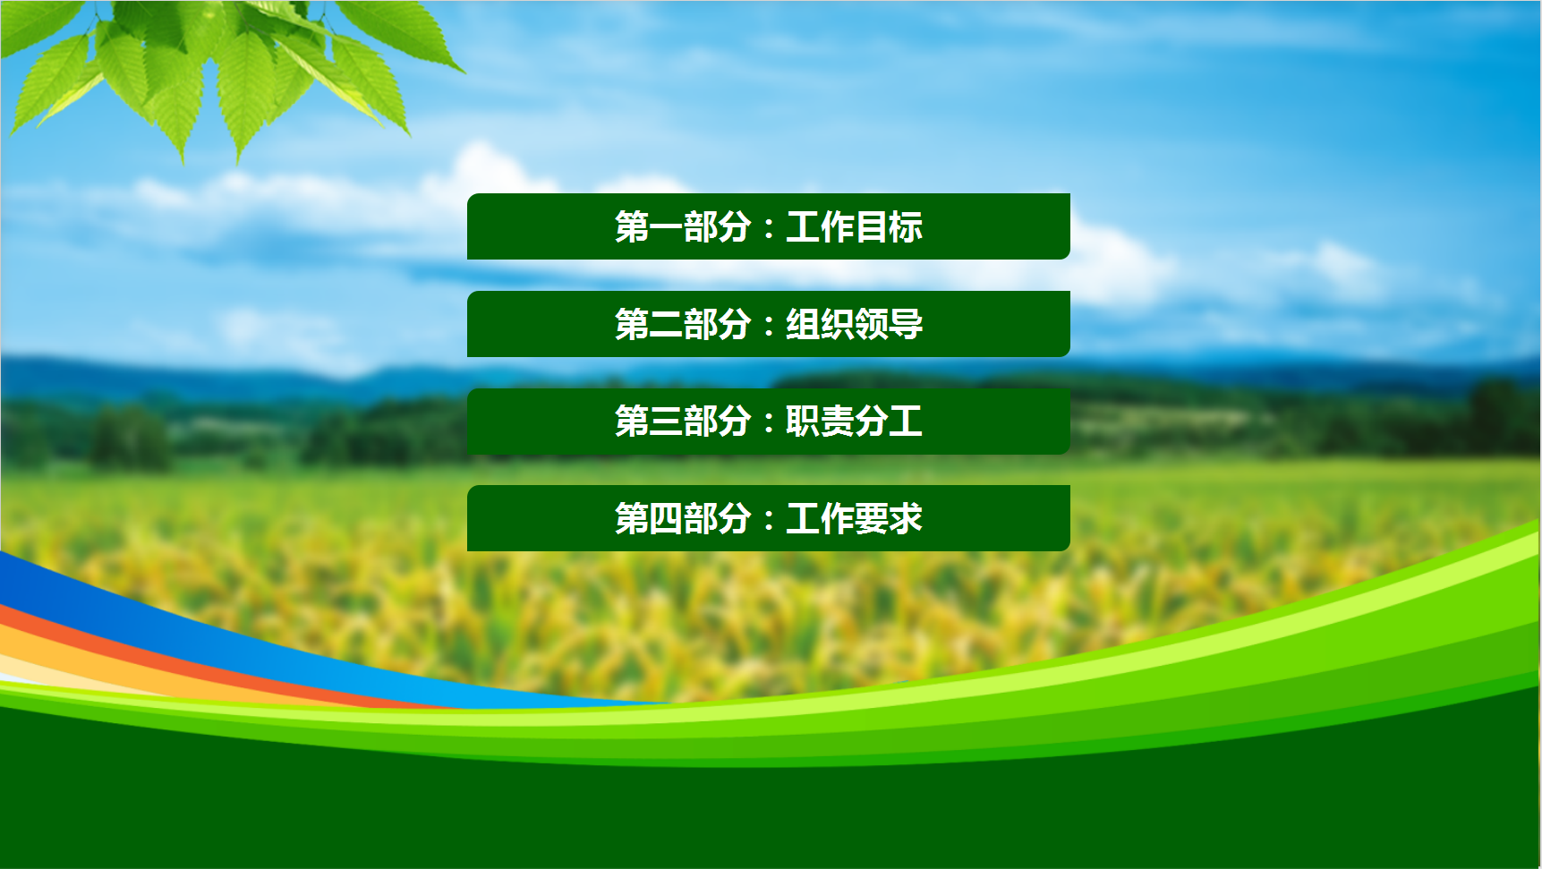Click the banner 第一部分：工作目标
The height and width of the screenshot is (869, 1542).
pos(769,226)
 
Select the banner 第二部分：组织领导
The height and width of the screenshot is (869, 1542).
pos(769,324)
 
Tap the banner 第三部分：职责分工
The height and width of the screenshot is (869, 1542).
pos(769,422)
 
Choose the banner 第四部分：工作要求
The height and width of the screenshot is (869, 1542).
pos(769,518)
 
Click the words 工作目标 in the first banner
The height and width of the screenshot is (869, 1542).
pos(855,227)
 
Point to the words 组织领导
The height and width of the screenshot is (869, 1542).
pos(855,324)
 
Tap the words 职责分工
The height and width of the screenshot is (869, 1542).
pos(855,422)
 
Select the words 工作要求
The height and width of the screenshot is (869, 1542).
pos(855,518)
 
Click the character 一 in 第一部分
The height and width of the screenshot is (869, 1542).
pos(666,227)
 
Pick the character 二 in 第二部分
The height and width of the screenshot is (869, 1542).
pos(666,324)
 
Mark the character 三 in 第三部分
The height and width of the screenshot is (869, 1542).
pos(666,422)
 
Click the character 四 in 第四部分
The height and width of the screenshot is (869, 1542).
pos(666,519)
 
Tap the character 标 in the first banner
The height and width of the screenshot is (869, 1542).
pos(907,227)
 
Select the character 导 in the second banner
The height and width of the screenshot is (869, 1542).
pos(907,324)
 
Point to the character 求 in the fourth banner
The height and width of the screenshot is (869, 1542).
pos(907,518)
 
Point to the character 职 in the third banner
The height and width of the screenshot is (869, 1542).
pos(803,422)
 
